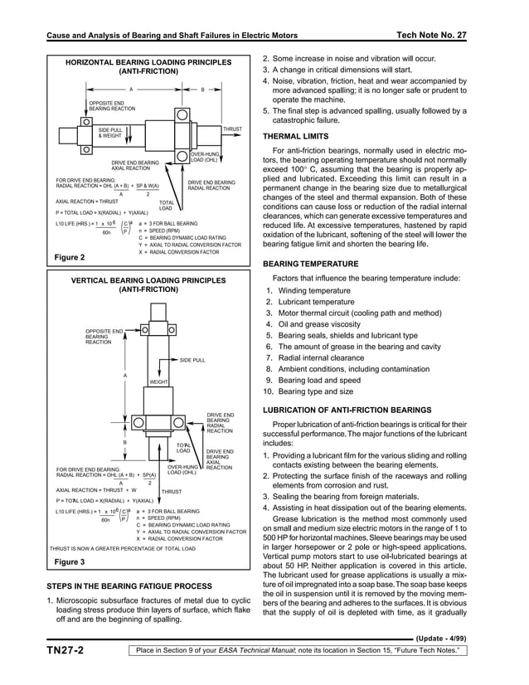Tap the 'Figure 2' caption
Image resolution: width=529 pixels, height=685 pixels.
pyautogui.click(x=70, y=258)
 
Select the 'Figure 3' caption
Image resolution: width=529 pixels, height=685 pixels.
pyautogui.click(x=70, y=563)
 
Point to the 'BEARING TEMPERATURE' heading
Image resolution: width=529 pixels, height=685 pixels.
pyautogui.click(x=311, y=264)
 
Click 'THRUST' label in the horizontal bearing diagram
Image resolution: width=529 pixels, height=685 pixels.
pyautogui.click(x=232, y=130)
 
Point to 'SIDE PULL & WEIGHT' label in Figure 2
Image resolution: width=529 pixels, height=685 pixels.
pyautogui.click(x=110, y=133)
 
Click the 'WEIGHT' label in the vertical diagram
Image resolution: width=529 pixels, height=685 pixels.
pyautogui.click(x=159, y=381)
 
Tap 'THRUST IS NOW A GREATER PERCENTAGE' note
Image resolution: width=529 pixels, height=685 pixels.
pyautogui.click(x=123, y=548)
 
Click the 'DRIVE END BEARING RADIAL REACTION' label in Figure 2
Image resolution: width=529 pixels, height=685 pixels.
pyautogui.click(x=211, y=185)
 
